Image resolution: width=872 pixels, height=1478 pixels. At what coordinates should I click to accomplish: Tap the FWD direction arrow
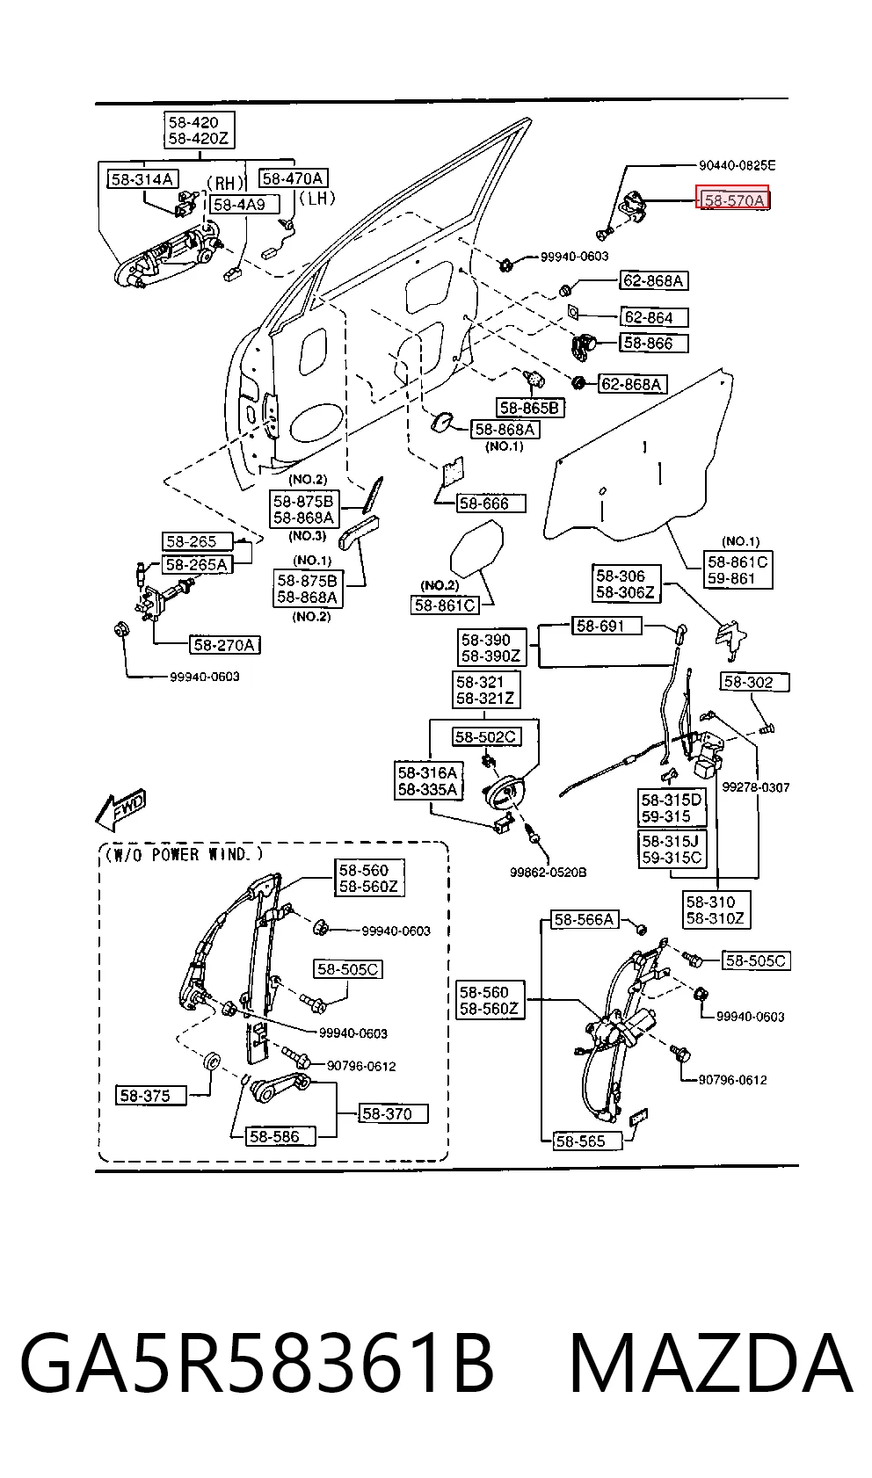pyautogui.click(x=120, y=808)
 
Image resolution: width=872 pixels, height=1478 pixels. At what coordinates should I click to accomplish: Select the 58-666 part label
pyautogui.click(x=491, y=504)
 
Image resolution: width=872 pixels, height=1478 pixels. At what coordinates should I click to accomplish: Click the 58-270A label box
pyautogui.click(x=224, y=645)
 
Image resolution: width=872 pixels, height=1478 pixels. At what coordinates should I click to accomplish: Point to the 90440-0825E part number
pyautogui.click(x=737, y=165)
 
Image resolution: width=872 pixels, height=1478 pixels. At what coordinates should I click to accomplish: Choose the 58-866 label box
pyautogui.click(x=653, y=343)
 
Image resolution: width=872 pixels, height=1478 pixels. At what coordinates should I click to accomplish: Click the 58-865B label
pyautogui.click(x=530, y=408)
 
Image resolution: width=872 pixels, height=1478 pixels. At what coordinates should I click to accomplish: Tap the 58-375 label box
pyautogui.click(x=150, y=1095)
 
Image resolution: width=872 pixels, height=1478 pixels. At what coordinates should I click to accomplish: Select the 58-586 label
pyautogui.click(x=280, y=1136)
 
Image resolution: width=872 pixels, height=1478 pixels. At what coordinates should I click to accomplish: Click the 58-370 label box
pyautogui.click(x=394, y=1114)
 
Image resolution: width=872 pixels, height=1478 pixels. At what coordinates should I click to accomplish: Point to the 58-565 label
pyautogui.click(x=587, y=1141)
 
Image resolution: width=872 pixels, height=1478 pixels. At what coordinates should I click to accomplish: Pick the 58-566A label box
pyautogui.click(x=585, y=919)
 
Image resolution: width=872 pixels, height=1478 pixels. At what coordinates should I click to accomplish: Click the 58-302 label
pyautogui.click(x=754, y=682)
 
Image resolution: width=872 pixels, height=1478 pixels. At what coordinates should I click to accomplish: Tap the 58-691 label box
pyautogui.click(x=607, y=626)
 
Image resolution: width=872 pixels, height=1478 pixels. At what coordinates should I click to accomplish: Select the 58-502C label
pyautogui.click(x=486, y=736)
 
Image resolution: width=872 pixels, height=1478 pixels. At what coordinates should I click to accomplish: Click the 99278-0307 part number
pyautogui.click(x=755, y=787)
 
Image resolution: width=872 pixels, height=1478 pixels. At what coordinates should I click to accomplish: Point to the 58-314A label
pyautogui.click(x=142, y=178)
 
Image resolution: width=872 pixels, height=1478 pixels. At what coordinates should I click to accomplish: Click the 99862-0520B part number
pyautogui.click(x=548, y=873)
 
